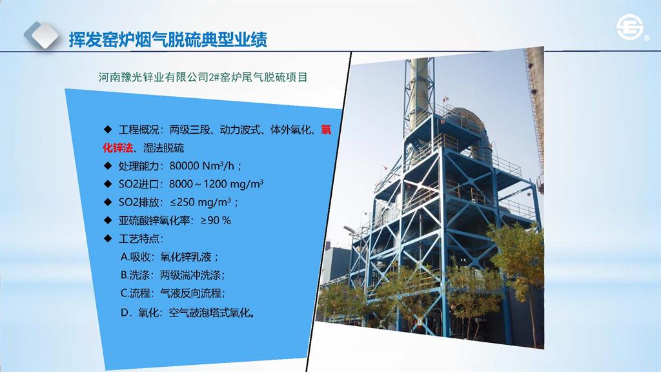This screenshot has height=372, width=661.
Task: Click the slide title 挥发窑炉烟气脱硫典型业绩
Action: click(x=168, y=39)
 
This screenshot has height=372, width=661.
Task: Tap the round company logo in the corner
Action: click(x=629, y=28)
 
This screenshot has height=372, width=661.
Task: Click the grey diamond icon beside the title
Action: click(x=41, y=36)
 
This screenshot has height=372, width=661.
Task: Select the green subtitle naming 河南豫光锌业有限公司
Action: click(x=203, y=77)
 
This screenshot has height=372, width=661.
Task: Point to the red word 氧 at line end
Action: click(x=326, y=129)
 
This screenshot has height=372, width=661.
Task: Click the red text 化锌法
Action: click(x=117, y=148)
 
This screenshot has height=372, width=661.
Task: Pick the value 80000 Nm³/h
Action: click(x=202, y=166)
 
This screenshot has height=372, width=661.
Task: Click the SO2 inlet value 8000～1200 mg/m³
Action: click(x=216, y=184)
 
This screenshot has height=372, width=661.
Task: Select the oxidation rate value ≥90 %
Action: click(x=216, y=220)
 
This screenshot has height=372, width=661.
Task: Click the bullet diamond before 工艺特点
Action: click(x=108, y=238)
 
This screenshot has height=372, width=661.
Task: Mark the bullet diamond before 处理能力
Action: click(x=108, y=165)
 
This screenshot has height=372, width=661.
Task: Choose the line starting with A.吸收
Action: click(x=170, y=256)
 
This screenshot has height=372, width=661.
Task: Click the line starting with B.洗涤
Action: click(x=172, y=275)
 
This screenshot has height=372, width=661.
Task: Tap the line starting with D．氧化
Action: click(x=188, y=313)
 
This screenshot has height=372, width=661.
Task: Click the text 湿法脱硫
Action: click(x=163, y=148)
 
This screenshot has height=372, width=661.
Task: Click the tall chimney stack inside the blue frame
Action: click(x=419, y=105)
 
